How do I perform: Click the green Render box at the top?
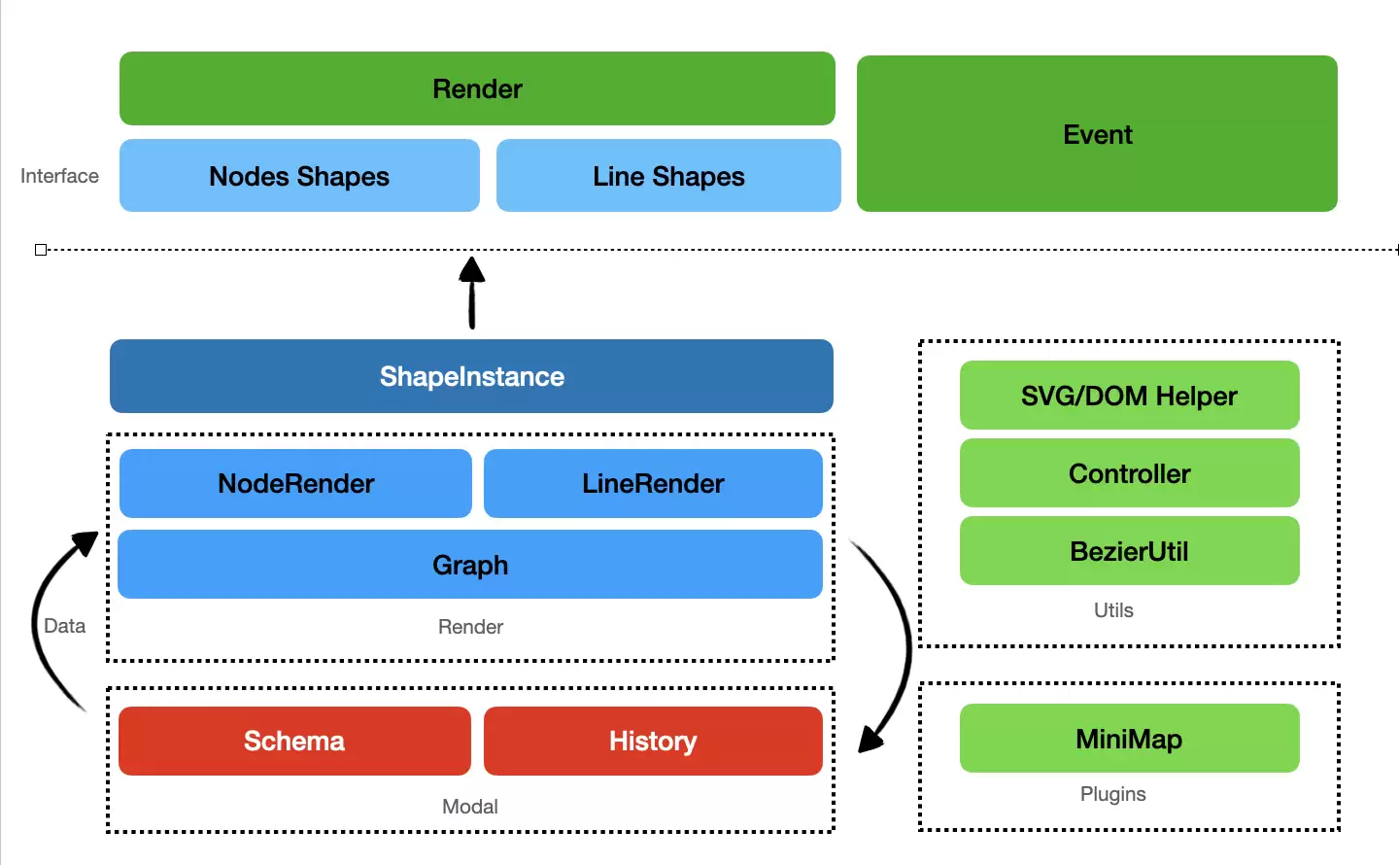pyautogui.click(x=477, y=88)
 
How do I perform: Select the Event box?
pyautogui.click(x=1097, y=134)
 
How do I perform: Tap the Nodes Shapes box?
pyautogui.click(x=299, y=176)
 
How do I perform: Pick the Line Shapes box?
pyautogui.click(x=668, y=176)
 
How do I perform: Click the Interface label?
pyautogui.click(x=59, y=176)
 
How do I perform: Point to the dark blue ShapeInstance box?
pyautogui.click(x=471, y=376)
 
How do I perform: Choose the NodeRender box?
pyautogui.click(x=295, y=483)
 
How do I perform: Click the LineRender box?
pyautogui.click(x=653, y=483)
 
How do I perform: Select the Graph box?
pyautogui.click(x=469, y=565)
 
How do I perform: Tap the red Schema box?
pyautogui.click(x=294, y=741)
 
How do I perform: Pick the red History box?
pyautogui.click(x=653, y=741)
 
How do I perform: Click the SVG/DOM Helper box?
pyautogui.click(x=1129, y=395)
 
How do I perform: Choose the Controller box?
pyautogui.click(x=1129, y=473)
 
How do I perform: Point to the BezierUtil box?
pyautogui.click(x=1129, y=551)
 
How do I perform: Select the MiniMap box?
pyautogui.click(x=1129, y=738)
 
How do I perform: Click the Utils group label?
pyautogui.click(x=1113, y=610)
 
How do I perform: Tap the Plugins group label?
pyautogui.click(x=1113, y=794)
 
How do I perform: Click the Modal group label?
pyautogui.click(x=469, y=807)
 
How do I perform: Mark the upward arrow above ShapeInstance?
pyautogui.click(x=472, y=293)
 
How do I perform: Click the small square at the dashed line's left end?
pyautogui.click(x=41, y=250)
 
